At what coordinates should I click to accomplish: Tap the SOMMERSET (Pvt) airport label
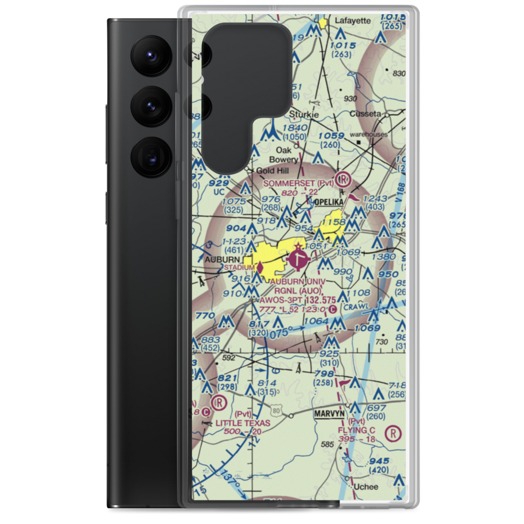point(298,183)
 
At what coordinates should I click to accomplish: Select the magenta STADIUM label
point(239,268)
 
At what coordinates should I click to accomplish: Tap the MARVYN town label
point(329,413)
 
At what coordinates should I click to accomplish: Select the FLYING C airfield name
point(356,431)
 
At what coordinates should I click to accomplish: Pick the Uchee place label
point(366,487)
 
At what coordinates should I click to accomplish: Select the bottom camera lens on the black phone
point(151,156)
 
